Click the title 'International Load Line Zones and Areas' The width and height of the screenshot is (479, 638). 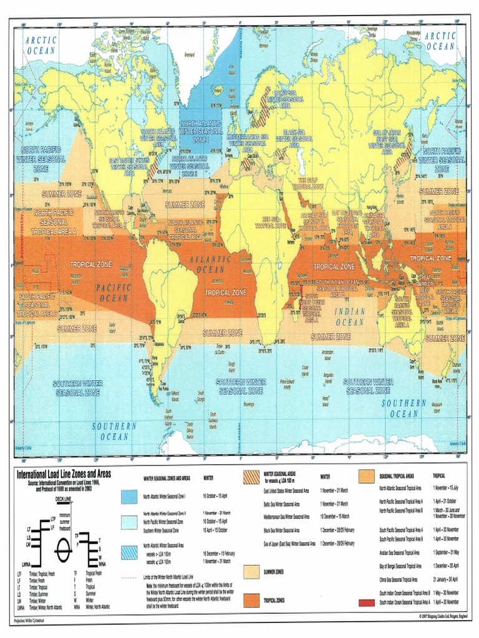coord(63,474)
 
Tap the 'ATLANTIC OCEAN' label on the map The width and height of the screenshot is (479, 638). coord(214,264)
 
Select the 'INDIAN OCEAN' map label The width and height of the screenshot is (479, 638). coord(350,317)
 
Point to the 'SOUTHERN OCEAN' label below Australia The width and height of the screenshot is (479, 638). coord(404,408)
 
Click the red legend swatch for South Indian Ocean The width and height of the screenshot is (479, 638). coord(366,602)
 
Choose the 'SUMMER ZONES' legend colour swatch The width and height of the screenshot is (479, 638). coord(251,571)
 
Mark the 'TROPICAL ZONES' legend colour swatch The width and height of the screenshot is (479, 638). coord(251,600)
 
